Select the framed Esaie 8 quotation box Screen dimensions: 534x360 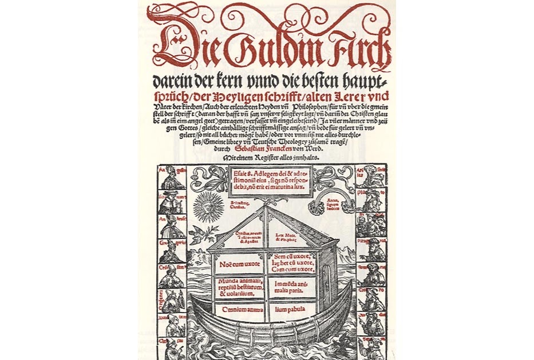coord(268,180)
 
